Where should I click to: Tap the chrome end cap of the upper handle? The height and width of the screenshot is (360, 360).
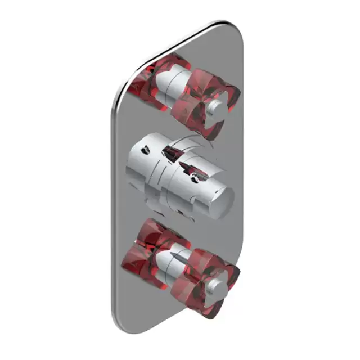point(217,108)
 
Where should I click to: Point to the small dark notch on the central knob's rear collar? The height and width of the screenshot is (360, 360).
point(145,151)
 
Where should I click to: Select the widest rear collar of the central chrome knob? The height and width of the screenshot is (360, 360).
point(143,166)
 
